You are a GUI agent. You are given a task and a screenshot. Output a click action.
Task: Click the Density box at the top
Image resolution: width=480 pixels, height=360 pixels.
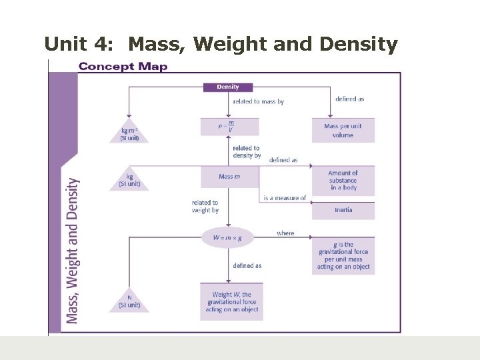pyautogui.click(x=227, y=87)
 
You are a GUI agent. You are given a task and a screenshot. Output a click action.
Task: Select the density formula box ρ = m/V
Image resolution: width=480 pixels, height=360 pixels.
pyautogui.click(x=229, y=127)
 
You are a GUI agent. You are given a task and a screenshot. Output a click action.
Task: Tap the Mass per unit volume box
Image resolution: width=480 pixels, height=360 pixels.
pyautogui.click(x=343, y=131)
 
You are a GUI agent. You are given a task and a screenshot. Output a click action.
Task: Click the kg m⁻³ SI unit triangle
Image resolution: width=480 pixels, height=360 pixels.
pyautogui.click(x=129, y=132)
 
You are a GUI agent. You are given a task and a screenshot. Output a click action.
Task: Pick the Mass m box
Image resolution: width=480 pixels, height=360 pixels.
pyautogui.click(x=229, y=177)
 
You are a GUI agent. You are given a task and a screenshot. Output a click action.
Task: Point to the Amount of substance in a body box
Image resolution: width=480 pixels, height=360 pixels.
pyautogui.click(x=343, y=181)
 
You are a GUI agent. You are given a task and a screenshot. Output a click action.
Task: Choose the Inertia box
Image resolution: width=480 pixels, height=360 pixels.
pyautogui.click(x=343, y=210)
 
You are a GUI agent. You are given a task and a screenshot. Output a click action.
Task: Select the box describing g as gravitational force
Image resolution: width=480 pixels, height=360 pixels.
pyautogui.click(x=343, y=256)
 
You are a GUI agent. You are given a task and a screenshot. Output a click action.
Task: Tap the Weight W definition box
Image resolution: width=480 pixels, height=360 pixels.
pyautogui.click(x=231, y=302)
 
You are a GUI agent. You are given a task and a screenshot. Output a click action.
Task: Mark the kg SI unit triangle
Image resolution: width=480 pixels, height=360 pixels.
pyautogui.click(x=129, y=180)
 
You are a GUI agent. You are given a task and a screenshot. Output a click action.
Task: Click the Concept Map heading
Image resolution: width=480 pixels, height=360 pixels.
pyautogui.click(x=123, y=67)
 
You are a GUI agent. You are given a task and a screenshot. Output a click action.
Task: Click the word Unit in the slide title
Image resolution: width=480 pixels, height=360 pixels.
pyautogui.click(x=65, y=45)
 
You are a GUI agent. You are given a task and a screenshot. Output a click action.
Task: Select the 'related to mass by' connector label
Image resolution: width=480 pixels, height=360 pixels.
pyautogui.click(x=258, y=102)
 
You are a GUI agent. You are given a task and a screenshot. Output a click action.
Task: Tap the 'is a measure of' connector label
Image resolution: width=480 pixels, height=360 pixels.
pyautogui.click(x=284, y=198)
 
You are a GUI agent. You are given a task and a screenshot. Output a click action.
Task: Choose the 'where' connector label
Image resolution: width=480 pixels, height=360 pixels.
pyautogui.click(x=285, y=233)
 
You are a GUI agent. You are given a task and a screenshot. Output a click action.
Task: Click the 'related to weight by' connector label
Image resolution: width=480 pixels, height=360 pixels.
pyautogui.click(x=205, y=207)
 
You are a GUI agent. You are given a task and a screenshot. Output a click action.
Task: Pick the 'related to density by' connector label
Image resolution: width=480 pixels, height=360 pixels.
pyautogui.click(x=247, y=152)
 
